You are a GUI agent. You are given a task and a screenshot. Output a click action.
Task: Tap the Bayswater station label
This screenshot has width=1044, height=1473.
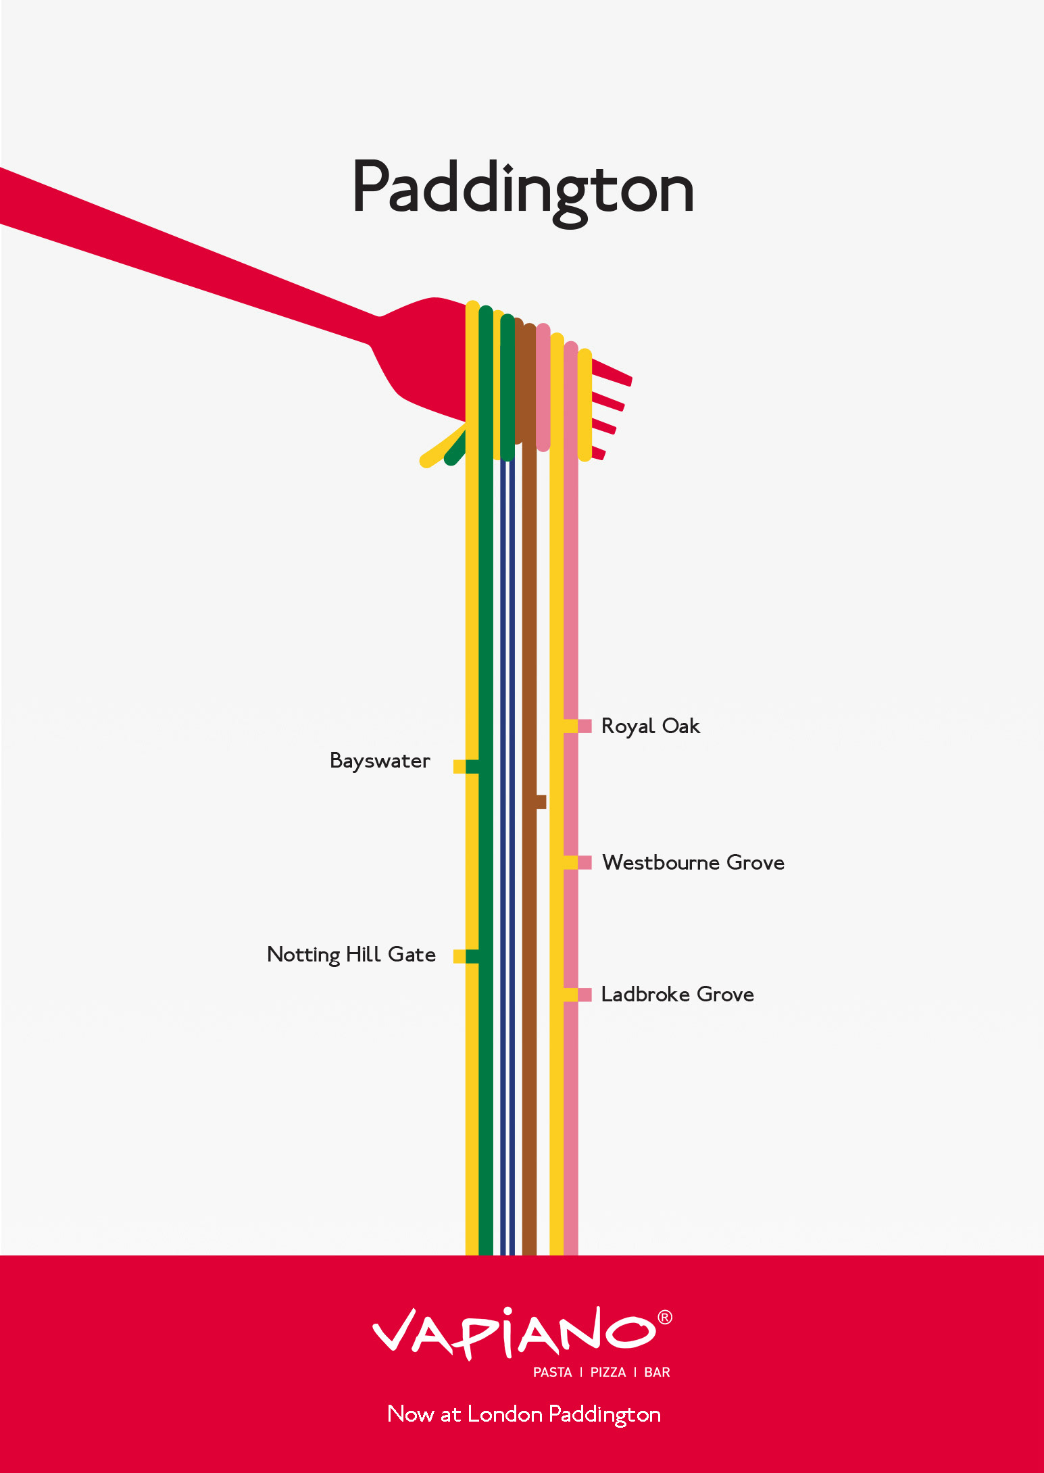tap(380, 762)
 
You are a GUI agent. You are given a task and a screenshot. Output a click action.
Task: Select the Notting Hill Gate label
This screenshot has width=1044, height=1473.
tap(351, 955)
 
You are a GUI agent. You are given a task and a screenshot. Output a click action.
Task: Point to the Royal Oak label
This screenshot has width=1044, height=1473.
tap(650, 726)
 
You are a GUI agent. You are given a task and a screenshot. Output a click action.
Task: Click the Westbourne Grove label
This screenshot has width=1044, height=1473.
tap(693, 863)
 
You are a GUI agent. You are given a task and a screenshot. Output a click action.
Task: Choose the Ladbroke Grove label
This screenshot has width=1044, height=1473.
tap(677, 995)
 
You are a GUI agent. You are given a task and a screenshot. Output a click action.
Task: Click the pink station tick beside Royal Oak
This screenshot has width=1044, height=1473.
tap(585, 726)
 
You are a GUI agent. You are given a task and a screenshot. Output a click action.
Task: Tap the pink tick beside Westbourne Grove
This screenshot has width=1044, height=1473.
tap(585, 862)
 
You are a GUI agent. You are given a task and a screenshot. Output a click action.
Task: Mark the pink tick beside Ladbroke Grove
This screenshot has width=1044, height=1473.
tap(585, 995)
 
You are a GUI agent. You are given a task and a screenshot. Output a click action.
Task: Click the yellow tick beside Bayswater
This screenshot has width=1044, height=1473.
tap(459, 766)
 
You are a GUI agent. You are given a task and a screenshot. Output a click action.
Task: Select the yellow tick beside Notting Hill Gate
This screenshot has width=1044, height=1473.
tap(459, 956)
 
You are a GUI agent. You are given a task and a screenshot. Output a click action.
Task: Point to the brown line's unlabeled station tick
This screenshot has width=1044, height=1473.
tap(541, 802)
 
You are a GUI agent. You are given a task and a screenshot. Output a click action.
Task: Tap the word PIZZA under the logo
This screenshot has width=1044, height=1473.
tap(608, 1372)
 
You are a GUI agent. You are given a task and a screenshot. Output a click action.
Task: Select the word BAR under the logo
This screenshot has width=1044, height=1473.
tap(657, 1372)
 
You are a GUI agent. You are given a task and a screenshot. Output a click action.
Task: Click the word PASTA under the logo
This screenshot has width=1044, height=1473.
tap(553, 1372)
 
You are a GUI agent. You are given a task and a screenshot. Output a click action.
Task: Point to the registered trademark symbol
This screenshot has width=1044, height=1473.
tap(665, 1318)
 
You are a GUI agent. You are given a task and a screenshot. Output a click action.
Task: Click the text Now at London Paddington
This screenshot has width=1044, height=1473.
tap(524, 1414)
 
